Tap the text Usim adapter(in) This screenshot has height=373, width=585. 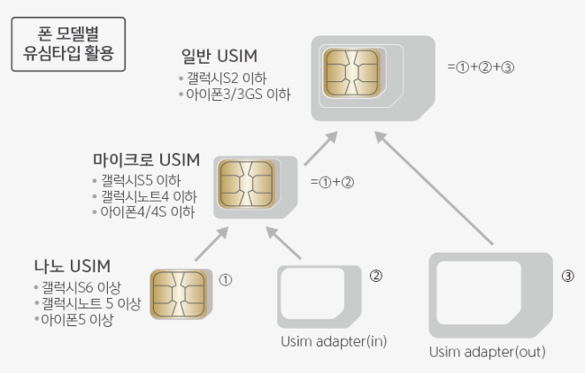coord(334,341)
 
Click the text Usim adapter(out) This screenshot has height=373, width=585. coord(488,352)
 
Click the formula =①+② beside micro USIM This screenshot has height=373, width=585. coord(333,183)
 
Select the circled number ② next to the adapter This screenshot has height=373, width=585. coord(375,275)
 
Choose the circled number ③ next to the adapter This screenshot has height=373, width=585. coord(568,275)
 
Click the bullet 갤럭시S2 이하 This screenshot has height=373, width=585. coord(226,78)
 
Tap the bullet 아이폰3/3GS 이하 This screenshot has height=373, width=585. coord(238,94)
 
